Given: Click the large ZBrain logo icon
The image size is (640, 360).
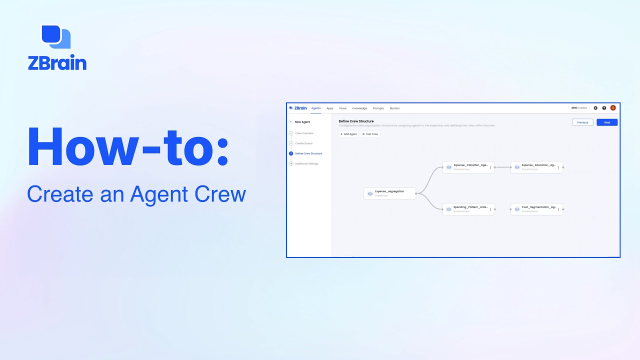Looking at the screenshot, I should coord(55,36).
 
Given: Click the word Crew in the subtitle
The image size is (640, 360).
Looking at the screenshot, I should coord(220,193).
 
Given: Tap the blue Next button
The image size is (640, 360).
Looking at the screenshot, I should coord(607,122).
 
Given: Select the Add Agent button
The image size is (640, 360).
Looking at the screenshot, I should coord(348,134).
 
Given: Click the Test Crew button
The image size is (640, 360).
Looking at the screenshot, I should coord(370,134).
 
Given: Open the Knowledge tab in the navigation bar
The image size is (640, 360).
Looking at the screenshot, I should coord(359,108).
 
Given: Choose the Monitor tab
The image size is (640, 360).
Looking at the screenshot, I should coord(394,108).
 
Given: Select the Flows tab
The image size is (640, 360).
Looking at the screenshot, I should coord(342,108).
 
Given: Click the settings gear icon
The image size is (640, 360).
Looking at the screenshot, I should coord(595,108).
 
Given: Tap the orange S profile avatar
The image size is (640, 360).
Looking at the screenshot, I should coord(613,108).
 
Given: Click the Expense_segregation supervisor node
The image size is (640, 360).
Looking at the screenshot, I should coord(389,193).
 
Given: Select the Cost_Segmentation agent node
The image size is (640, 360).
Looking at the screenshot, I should coord(536,209).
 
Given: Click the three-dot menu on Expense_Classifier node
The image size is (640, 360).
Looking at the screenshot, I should coord(490,167).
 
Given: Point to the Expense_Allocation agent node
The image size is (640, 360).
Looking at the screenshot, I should coord(536,167).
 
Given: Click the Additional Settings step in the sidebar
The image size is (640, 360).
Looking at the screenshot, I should coord(306,163).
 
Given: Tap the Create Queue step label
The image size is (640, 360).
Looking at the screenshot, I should coord(303,143).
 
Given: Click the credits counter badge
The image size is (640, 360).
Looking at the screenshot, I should coord(579,108).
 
